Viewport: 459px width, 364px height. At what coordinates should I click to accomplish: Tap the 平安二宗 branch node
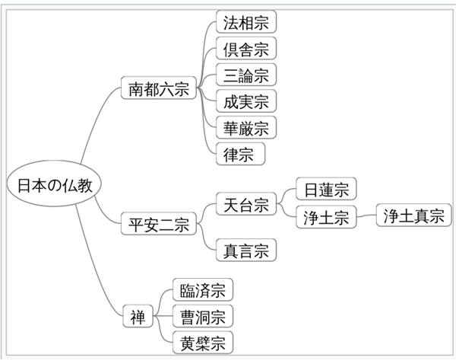(159, 225)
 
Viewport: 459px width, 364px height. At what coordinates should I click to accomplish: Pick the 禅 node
(138, 315)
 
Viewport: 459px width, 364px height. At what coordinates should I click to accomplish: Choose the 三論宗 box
(245, 75)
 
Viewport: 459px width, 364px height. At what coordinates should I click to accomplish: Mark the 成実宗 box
(245, 101)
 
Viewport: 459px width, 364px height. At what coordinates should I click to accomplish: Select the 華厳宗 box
(245, 127)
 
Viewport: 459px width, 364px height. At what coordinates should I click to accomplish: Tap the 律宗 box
(240, 154)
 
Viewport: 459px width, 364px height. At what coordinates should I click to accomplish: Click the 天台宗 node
(245, 204)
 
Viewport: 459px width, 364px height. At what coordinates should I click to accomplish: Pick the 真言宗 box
(245, 250)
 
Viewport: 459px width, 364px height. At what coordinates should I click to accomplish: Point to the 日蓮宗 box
(326, 189)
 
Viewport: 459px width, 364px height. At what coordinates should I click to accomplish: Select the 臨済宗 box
(202, 290)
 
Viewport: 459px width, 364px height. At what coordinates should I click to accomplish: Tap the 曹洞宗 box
(202, 315)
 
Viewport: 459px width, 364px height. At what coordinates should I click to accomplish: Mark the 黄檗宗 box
(202, 341)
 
